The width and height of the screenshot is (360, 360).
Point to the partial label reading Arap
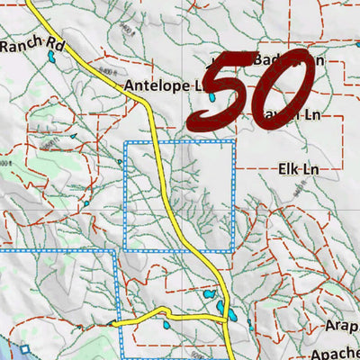341,329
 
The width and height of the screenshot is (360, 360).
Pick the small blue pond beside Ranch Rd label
52,58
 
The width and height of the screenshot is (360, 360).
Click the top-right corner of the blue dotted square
234,142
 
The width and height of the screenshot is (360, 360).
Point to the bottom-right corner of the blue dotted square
234,251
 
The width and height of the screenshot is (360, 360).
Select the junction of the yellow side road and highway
222,318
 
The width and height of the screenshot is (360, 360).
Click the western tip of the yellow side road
112,323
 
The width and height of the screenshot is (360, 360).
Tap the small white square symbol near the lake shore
25,349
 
